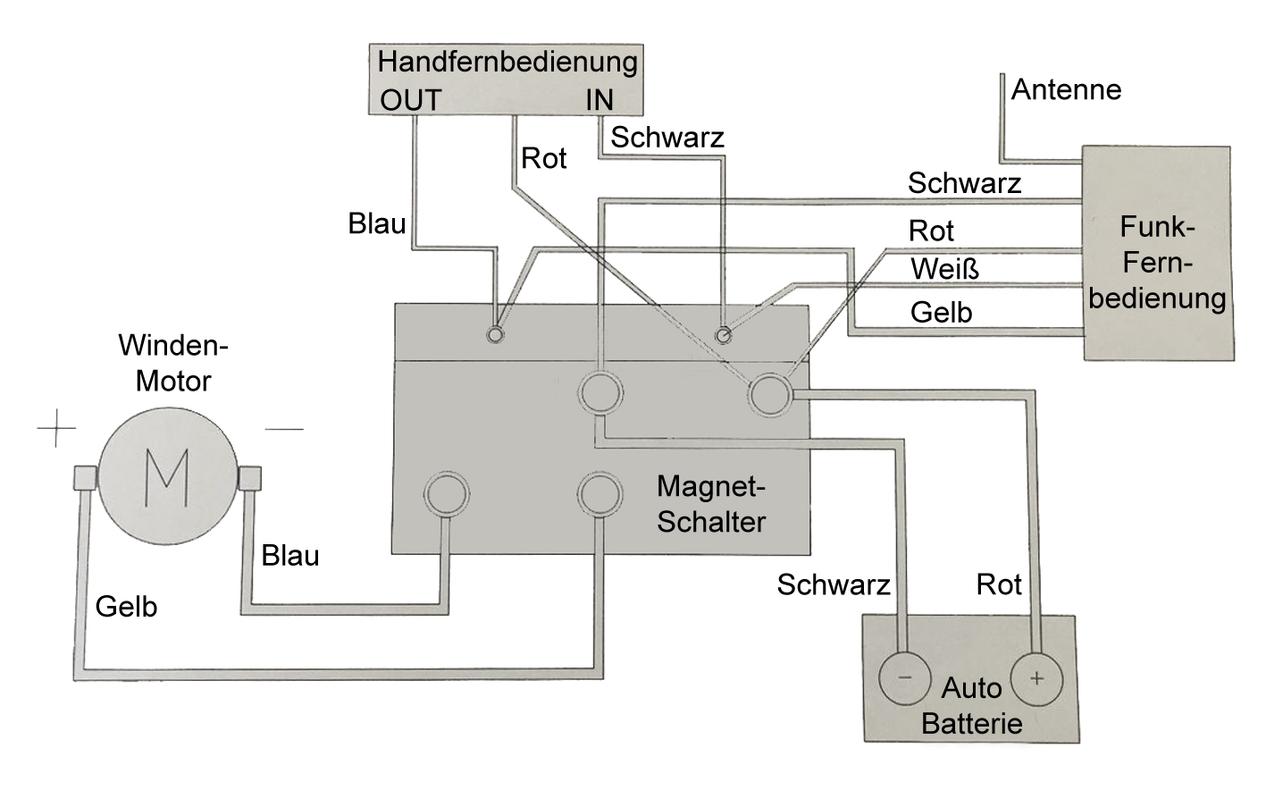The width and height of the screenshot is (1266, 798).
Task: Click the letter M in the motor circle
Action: click(x=166, y=477)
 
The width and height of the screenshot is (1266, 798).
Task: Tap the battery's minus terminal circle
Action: click(x=904, y=677)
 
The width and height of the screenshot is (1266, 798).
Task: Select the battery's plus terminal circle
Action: click(x=1036, y=677)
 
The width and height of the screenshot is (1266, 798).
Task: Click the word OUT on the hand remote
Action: click(x=411, y=100)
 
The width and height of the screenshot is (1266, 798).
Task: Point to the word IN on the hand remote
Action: click(x=599, y=100)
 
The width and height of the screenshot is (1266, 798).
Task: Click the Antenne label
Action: click(x=1066, y=89)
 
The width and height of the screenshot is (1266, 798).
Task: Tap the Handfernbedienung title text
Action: click(x=507, y=62)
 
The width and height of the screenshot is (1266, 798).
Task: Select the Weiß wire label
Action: click(x=944, y=268)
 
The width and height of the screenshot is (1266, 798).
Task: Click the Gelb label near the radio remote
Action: click(x=941, y=312)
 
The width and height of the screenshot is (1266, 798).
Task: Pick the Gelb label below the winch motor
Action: click(x=126, y=606)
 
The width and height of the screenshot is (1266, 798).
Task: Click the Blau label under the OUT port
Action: click(x=377, y=223)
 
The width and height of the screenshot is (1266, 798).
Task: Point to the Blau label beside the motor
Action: click(x=290, y=556)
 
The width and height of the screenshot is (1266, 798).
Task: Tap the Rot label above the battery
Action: click(x=999, y=584)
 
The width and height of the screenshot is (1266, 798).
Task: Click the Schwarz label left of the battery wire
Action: click(x=834, y=584)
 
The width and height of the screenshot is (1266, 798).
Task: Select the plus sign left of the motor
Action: click(x=56, y=429)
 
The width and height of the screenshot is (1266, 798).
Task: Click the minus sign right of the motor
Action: click(x=284, y=429)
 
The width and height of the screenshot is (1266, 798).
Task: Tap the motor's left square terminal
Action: click(x=85, y=478)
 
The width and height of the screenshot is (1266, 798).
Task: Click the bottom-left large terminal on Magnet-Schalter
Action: click(x=446, y=493)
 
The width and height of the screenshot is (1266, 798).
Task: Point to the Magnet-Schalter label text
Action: click(x=711, y=504)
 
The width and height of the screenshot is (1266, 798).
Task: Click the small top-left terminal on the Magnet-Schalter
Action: click(x=494, y=334)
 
